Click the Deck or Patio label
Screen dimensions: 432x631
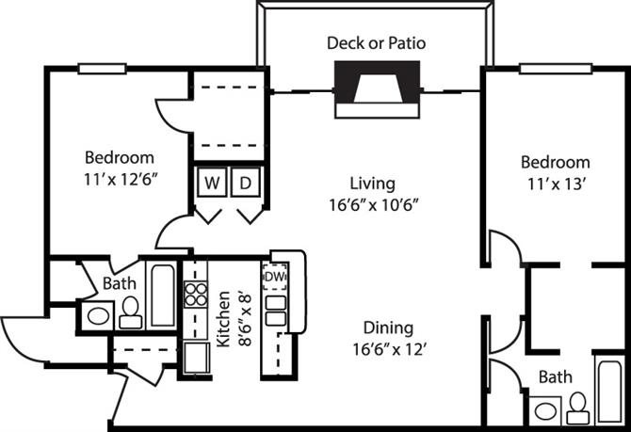375,42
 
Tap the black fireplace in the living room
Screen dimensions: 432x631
377,88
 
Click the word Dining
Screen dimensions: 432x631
389,328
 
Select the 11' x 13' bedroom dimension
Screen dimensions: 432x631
558,184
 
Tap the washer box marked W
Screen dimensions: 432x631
208,183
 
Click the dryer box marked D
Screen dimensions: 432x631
245,183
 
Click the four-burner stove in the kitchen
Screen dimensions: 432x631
195,295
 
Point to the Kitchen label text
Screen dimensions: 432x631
224,319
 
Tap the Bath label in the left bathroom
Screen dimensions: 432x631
118,282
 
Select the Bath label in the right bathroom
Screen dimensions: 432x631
555,376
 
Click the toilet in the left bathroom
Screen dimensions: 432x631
130,312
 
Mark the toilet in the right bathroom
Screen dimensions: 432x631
576,406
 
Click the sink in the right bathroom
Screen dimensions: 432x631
543,410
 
